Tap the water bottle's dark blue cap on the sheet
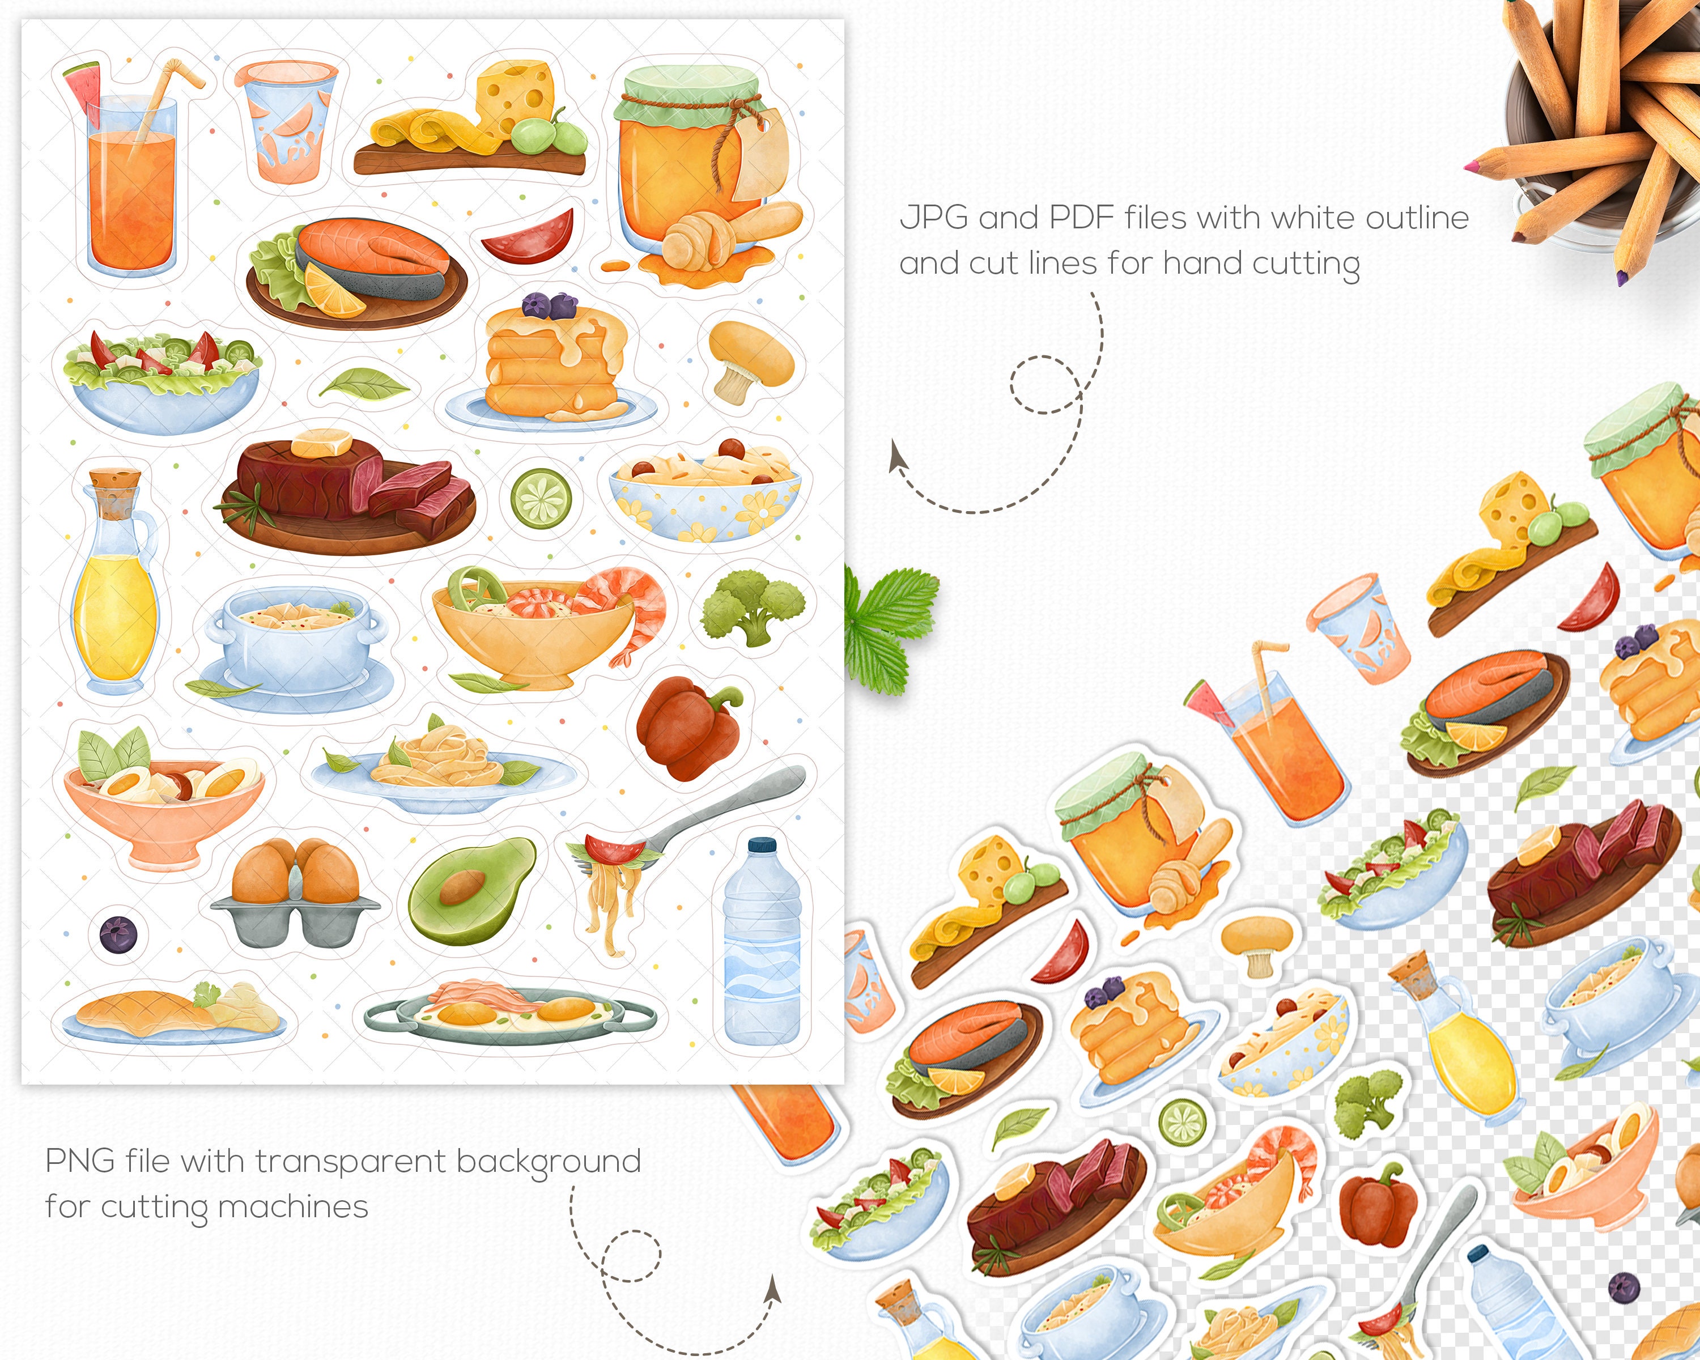762,844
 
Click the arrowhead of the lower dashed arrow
773,1291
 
